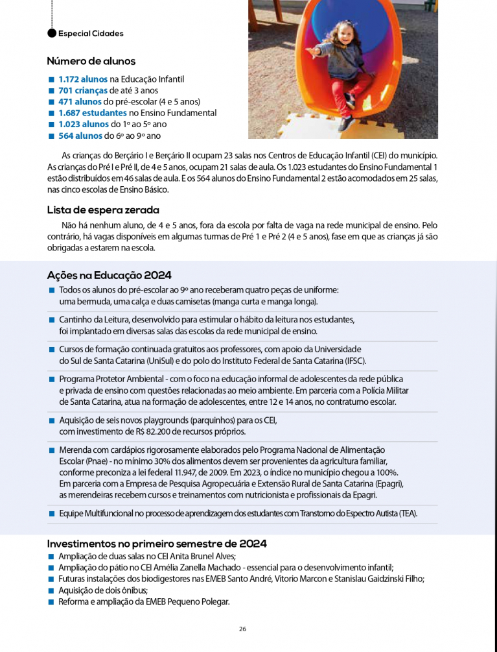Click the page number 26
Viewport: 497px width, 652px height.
click(x=242, y=629)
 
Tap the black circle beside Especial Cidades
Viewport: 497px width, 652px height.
click(x=52, y=34)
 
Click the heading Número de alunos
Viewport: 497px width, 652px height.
click(x=91, y=62)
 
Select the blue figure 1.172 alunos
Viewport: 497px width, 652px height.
click(x=83, y=79)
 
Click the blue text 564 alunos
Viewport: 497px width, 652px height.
click(x=80, y=136)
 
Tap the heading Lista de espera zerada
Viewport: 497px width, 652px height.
click(x=103, y=210)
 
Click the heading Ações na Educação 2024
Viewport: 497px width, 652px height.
click(x=109, y=275)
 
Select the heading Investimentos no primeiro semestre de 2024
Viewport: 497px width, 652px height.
click(x=157, y=544)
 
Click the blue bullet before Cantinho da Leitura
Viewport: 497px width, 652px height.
click(x=51, y=320)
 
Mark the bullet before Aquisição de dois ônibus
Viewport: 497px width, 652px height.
click(x=51, y=590)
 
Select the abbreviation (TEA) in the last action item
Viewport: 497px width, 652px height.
click(x=408, y=514)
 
